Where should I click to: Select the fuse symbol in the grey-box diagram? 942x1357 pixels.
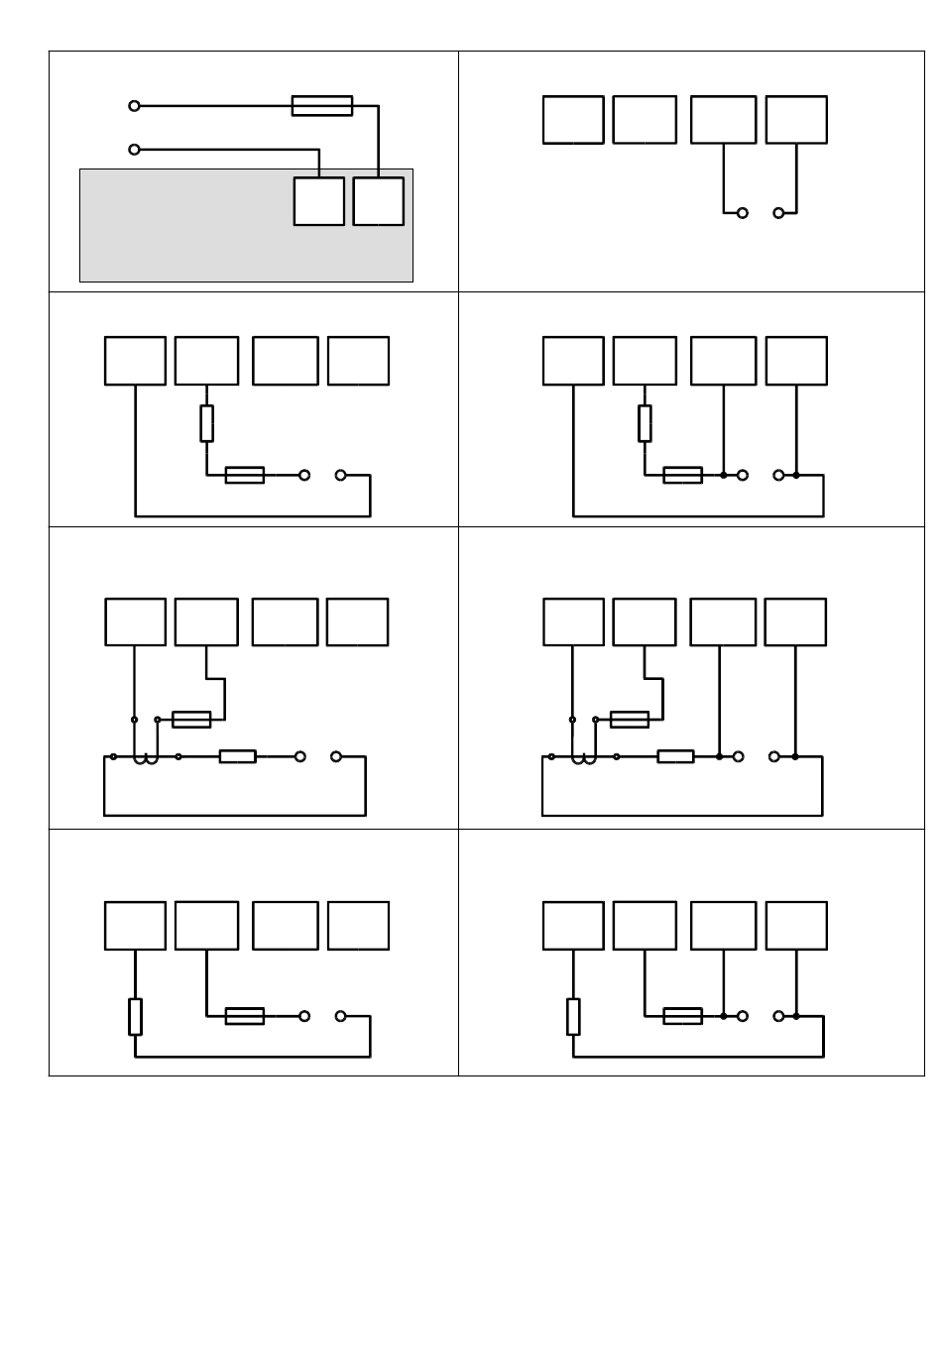[x=321, y=106]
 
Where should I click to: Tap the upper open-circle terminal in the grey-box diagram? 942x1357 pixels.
[x=135, y=106]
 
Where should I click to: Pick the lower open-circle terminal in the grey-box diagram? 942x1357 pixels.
[x=135, y=150]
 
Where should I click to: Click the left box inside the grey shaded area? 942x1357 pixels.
[x=318, y=201]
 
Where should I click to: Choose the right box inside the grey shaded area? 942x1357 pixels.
[x=378, y=201]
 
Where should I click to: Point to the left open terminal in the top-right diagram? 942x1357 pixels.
[x=742, y=213]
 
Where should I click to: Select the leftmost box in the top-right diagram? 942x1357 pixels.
[x=573, y=120]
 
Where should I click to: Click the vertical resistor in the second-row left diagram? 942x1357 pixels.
[x=206, y=423]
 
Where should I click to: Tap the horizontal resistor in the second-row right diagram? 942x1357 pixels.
[x=682, y=476]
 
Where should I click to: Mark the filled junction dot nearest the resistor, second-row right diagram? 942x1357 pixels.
[x=724, y=476]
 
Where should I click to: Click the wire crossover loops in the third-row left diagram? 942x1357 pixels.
[x=146, y=759]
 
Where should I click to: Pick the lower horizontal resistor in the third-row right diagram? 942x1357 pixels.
[x=675, y=757]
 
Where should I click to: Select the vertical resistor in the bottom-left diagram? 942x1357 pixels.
[x=135, y=1017]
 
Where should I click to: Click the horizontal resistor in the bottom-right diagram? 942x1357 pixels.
[x=682, y=1016]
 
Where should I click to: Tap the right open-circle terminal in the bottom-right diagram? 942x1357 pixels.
[x=778, y=1016]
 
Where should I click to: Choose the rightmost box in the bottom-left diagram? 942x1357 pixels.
[x=358, y=925]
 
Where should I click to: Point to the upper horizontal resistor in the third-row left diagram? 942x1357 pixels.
[x=191, y=719]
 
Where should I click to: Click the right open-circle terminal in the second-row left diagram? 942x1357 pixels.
[x=340, y=476]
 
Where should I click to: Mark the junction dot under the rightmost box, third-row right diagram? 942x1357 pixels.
[x=795, y=756]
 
